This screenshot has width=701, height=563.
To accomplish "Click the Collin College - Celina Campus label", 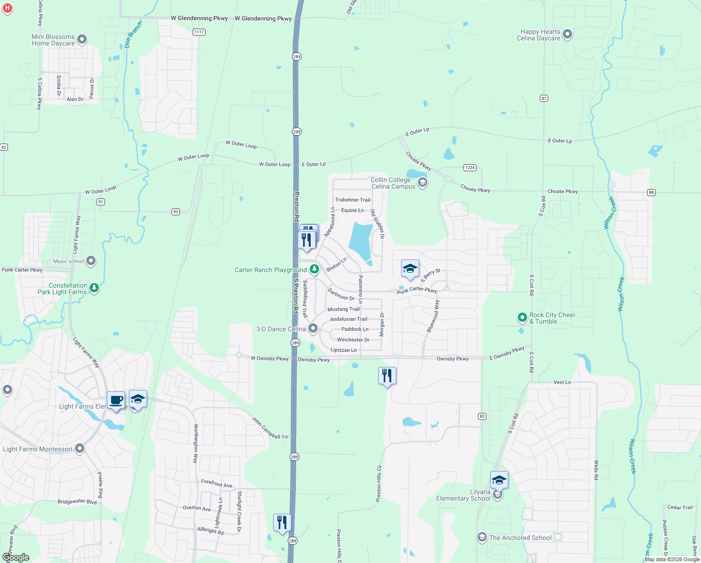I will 393,183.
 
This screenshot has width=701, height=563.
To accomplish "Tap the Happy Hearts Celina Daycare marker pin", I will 567,34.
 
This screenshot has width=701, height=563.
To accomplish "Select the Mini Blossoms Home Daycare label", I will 53,40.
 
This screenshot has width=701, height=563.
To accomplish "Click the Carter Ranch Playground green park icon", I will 314,269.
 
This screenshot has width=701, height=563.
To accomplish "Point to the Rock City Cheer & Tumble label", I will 552,318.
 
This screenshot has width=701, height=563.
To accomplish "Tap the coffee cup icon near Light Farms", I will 116,401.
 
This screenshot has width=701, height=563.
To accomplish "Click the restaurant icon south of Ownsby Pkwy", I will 387,376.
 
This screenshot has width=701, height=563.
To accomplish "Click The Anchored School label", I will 520,538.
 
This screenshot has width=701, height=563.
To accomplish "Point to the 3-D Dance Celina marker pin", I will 313,328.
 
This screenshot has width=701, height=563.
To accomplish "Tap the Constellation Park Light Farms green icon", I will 94,288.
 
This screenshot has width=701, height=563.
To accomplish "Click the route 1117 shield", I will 199,32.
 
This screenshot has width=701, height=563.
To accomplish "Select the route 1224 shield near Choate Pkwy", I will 470,167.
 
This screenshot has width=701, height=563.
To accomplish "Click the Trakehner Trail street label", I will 352,200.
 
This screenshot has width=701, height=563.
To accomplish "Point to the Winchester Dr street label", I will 353,340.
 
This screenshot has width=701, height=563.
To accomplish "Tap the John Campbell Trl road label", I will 269,428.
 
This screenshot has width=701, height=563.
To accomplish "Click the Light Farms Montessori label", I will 37,449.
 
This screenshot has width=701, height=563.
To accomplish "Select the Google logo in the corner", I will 15,557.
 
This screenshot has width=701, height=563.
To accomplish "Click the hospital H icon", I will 7,8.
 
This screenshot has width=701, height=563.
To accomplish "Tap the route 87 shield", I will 544,98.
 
